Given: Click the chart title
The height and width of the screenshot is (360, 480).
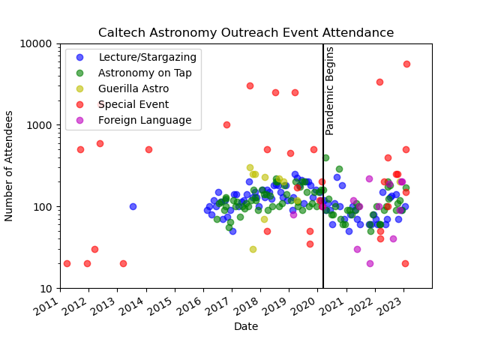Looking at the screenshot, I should point(246,33).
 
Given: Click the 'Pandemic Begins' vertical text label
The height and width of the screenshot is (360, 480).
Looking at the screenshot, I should point(330,90).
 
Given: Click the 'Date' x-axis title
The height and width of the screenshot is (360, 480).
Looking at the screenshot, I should point(246,327).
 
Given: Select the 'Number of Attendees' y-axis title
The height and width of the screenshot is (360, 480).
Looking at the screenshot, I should point(10,166).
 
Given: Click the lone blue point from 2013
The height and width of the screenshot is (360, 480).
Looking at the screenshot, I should point(133,206).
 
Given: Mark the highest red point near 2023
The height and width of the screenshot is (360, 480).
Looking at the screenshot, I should point(406,64).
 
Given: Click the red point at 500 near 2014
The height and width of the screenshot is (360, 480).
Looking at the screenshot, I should point(148,149).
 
